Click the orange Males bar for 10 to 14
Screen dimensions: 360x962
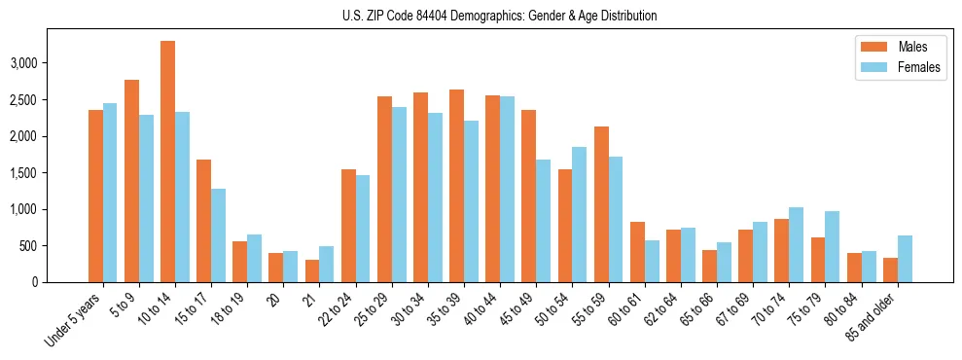[x=167, y=162]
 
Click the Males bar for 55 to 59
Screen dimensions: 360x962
[x=601, y=204]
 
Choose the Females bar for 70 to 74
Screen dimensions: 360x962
[x=796, y=244]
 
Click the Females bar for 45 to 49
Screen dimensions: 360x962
[x=544, y=221]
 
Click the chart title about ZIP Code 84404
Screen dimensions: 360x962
[x=499, y=16]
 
